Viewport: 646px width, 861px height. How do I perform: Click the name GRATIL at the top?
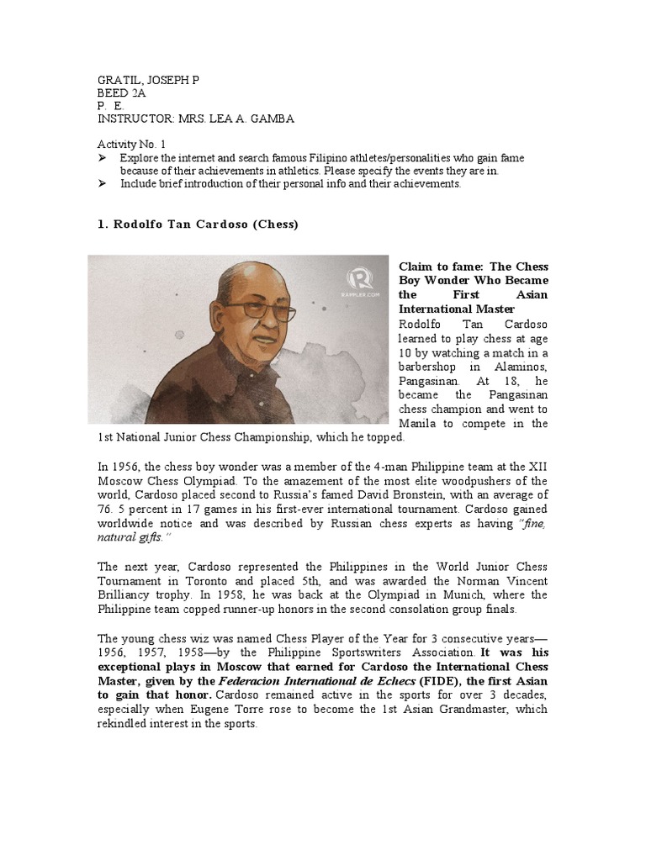coord(116,81)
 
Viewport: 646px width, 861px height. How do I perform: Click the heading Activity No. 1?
coord(133,145)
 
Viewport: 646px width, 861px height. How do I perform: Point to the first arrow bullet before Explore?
coord(103,158)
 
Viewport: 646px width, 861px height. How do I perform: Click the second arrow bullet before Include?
coord(103,184)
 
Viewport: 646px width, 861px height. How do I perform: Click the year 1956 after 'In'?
coord(126,467)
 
